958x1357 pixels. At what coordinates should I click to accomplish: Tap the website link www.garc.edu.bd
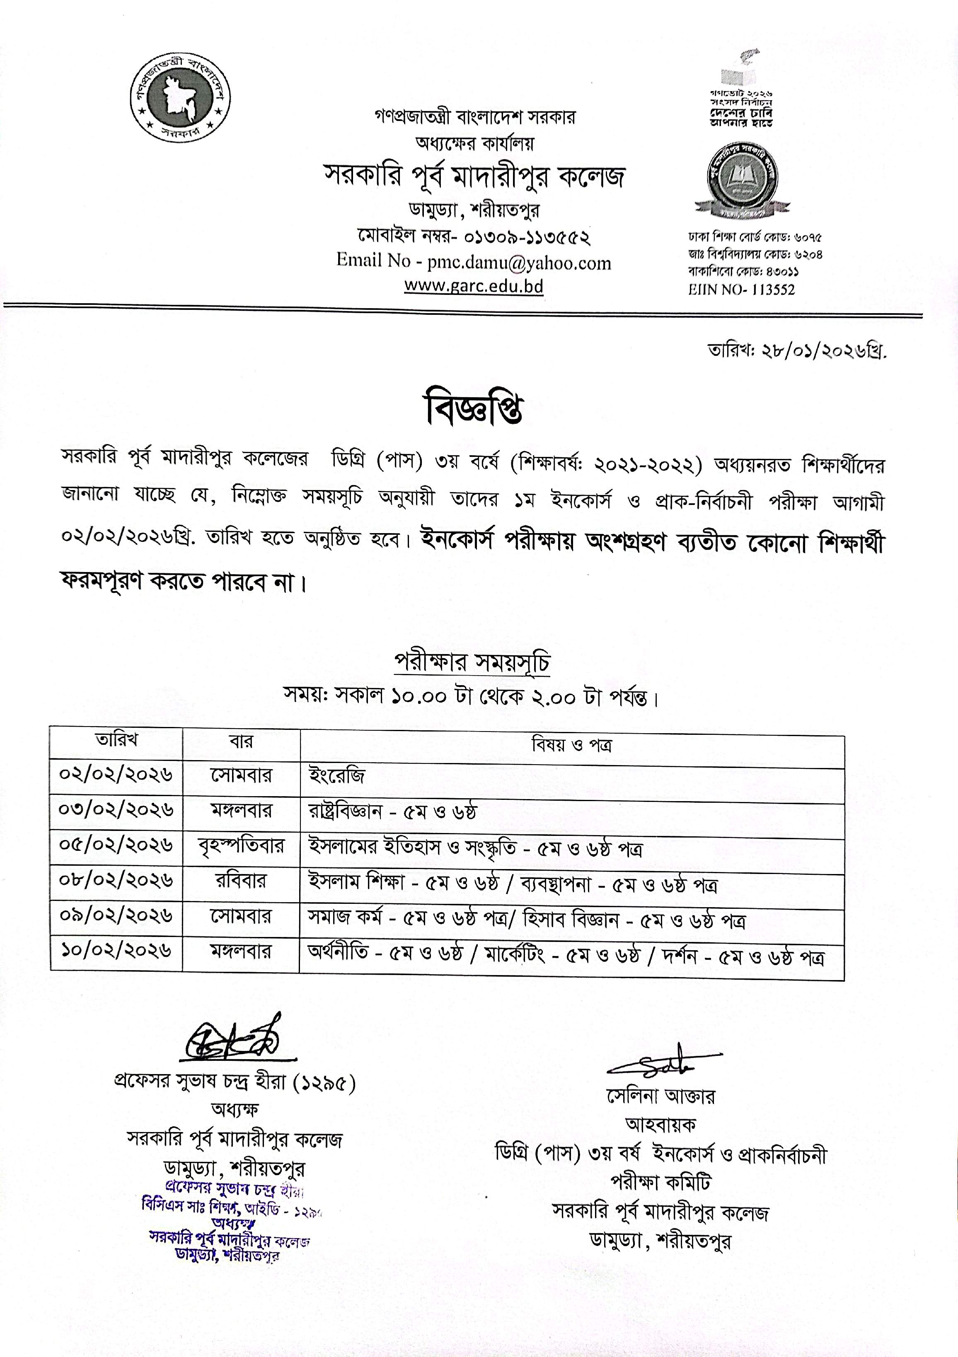click(x=474, y=286)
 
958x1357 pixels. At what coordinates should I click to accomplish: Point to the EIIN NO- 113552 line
click(x=742, y=290)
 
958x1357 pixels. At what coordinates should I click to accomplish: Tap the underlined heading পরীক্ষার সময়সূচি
click(x=472, y=663)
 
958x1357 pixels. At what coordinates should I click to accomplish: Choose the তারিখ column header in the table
click(x=116, y=740)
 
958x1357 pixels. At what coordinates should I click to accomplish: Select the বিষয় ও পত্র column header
click(x=571, y=745)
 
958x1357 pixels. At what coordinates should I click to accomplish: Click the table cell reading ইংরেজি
click(x=337, y=775)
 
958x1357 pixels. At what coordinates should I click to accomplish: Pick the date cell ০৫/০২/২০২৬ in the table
click(x=116, y=845)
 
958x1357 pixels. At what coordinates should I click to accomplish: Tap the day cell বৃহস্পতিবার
click(x=241, y=846)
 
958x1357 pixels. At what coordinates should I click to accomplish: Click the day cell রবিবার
click(x=241, y=881)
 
